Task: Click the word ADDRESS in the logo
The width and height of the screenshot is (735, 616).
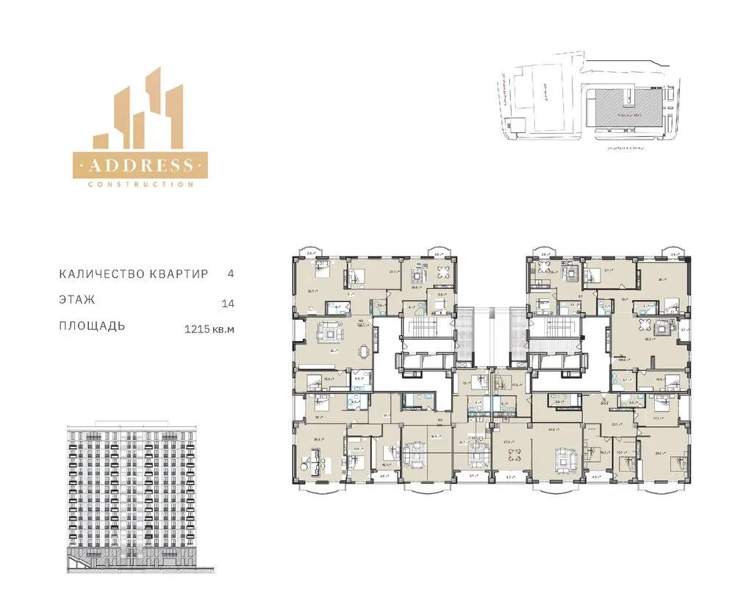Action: point(140,165)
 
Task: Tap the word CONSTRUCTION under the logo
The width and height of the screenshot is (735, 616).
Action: point(140,184)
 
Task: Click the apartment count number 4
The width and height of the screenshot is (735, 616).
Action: point(231,273)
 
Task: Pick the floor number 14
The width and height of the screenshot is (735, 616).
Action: point(227,303)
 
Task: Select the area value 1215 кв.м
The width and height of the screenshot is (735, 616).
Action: point(209,330)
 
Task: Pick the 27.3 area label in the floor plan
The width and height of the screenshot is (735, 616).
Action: point(506,442)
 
